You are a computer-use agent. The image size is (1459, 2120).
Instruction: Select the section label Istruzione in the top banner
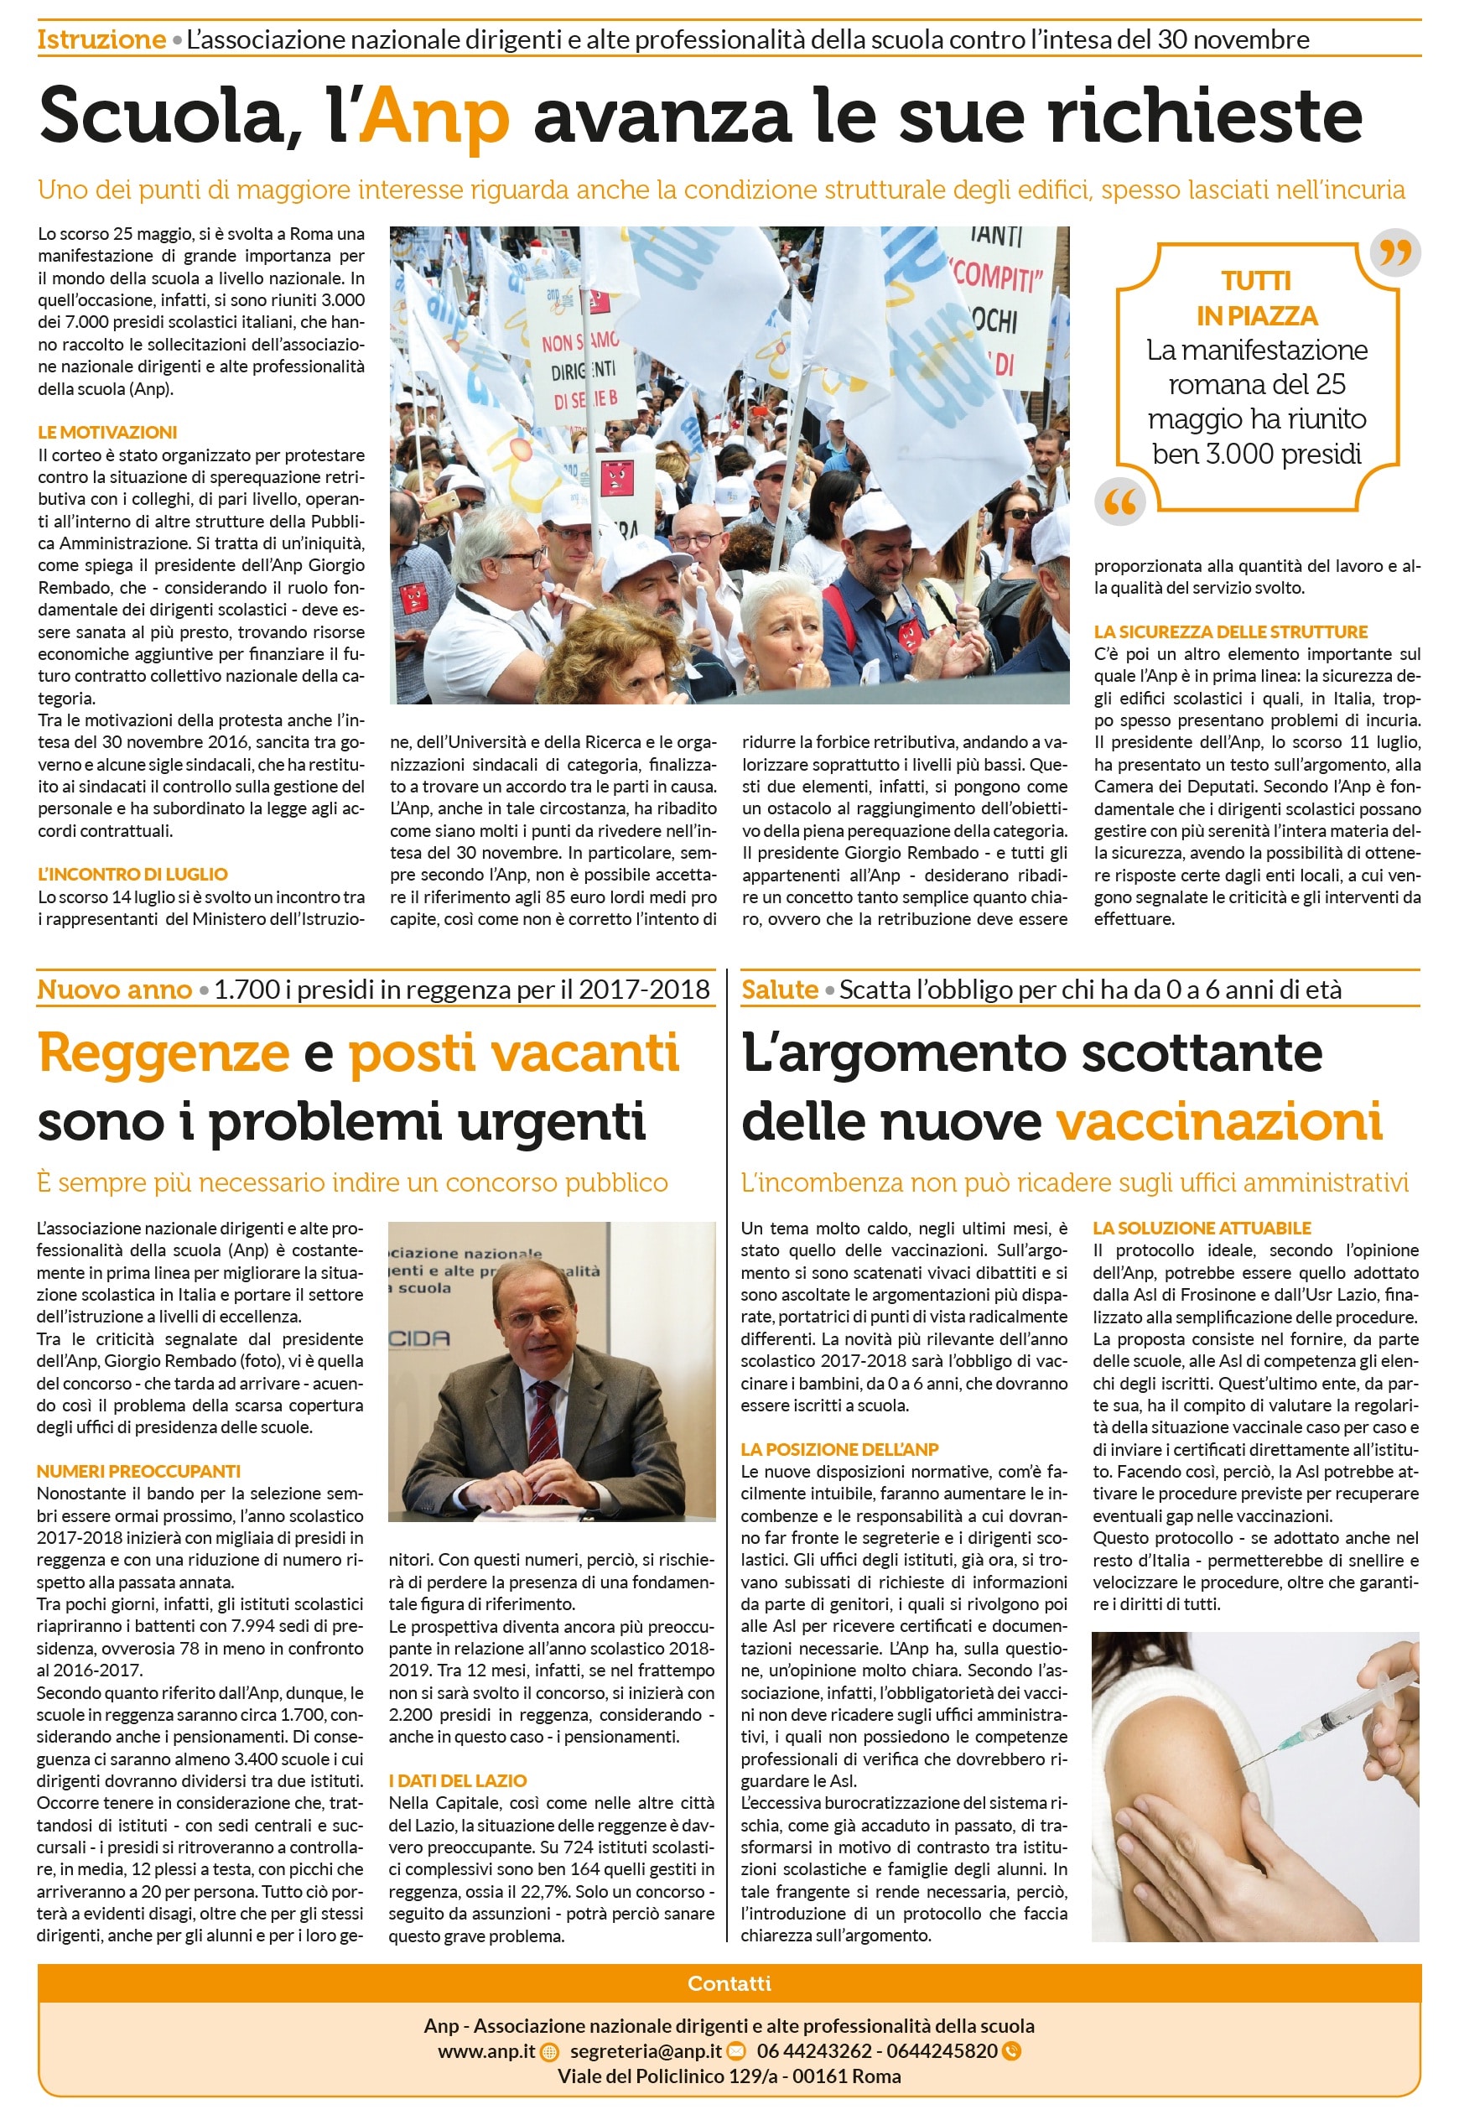pos(101,40)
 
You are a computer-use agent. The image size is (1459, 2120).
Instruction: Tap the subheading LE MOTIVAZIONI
pos(107,433)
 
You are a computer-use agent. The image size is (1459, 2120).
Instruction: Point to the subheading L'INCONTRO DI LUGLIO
pos(132,874)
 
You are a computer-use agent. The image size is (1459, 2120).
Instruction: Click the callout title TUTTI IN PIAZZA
pos(1257,298)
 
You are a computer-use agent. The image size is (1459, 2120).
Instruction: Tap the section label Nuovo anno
pos(114,990)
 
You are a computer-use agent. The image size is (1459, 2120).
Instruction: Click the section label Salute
pos(779,990)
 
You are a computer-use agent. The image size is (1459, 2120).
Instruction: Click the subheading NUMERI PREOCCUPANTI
pos(139,1471)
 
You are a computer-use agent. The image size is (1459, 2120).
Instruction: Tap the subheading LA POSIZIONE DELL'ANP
pos(839,1449)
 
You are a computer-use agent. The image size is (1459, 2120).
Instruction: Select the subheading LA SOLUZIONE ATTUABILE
pos(1202,1228)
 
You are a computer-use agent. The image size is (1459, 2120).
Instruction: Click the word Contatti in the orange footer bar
pos(729,1982)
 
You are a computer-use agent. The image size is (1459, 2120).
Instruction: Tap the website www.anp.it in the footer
pos(486,2050)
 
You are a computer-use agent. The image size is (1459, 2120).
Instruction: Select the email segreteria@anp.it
pos(646,2050)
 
